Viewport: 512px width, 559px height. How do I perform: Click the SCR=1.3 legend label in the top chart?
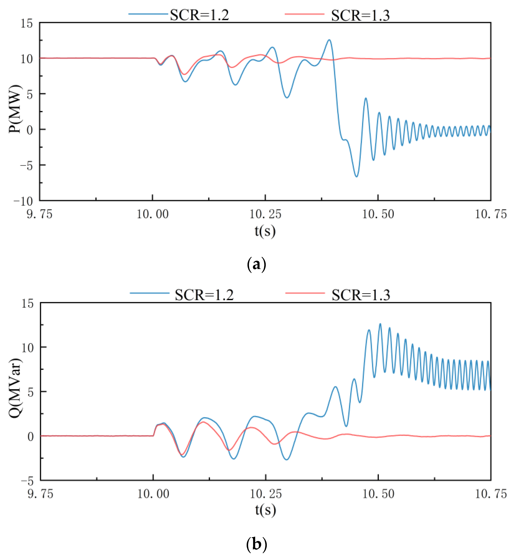(x=360, y=15)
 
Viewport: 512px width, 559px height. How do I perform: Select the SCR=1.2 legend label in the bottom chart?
(x=204, y=295)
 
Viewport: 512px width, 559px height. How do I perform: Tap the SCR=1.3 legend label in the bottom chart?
(x=361, y=295)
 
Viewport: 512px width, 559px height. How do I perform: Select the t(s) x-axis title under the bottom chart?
(x=265, y=509)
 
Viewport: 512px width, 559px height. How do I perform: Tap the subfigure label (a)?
(x=256, y=264)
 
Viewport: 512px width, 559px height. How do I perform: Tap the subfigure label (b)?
(x=256, y=544)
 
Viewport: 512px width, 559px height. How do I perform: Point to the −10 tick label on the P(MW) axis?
(x=23, y=202)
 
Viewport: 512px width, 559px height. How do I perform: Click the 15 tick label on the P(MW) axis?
(x=27, y=24)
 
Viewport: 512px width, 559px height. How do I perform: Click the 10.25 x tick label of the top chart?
(x=265, y=214)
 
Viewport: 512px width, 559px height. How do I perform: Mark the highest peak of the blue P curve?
(x=329, y=40)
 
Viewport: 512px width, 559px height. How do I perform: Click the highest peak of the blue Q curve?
(x=380, y=324)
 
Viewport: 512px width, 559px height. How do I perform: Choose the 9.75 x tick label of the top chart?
(x=40, y=214)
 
